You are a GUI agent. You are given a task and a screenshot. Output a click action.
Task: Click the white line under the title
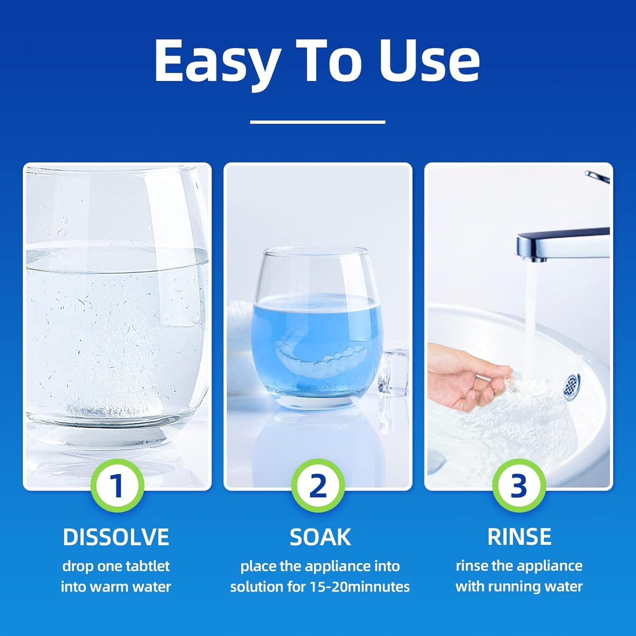317,122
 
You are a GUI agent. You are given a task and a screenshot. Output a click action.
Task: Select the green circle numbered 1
117,485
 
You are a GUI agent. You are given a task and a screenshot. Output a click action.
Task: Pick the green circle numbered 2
318,485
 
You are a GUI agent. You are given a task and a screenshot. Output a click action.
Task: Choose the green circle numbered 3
519,485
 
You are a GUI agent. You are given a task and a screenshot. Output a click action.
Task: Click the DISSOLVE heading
116,537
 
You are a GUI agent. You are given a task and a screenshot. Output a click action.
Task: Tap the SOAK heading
320,537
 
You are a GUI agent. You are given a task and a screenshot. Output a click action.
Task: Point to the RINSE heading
519,537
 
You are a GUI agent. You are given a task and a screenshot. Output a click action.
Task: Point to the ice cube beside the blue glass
393,370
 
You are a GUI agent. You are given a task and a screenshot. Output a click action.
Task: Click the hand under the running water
467,374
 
